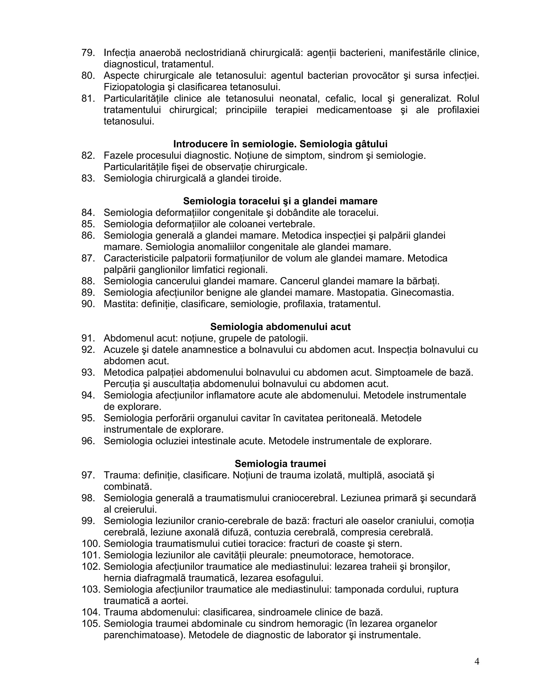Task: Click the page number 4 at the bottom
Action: click(x=477, y=661)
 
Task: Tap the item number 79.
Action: click(x=88, y=53)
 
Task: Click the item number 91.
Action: click(x=88, y=338)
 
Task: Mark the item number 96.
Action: click(x=88, y=441)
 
